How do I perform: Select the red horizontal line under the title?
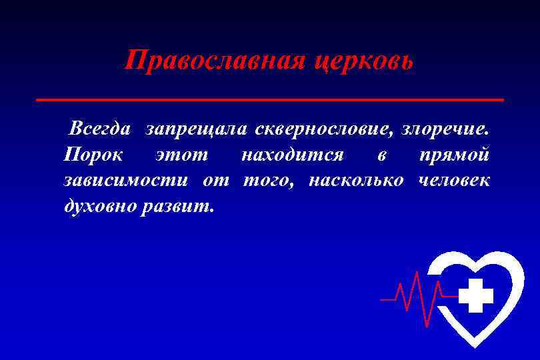coord(269,99)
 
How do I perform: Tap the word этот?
coord(181,155)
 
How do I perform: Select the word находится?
coord(292,155)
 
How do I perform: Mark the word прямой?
coord(455,155)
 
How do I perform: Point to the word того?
coord(268,181)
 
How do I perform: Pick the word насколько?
coord(357,181)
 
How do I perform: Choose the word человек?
coord(455,181)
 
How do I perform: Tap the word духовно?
coord(100,207)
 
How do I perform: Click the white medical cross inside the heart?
coord(475,295)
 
